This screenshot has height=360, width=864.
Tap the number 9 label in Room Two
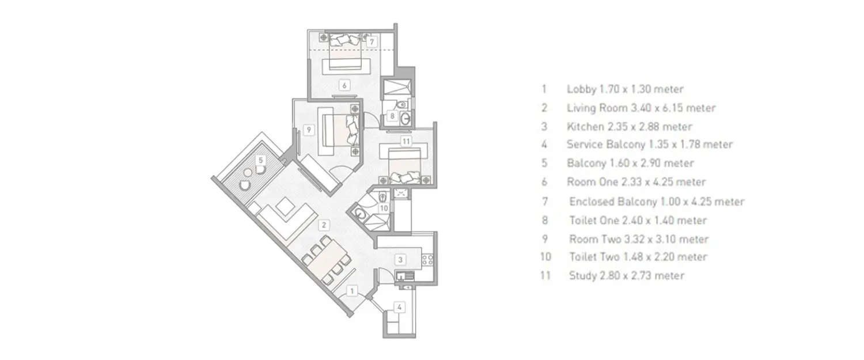click(x=309, y=130)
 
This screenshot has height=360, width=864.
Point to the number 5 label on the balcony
click(x=261, y=160)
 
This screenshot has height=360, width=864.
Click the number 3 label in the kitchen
click(x=401, y=260)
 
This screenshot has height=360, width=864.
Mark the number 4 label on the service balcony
click(x=400, y=308)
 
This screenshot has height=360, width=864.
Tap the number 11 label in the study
click(x=406, y=141)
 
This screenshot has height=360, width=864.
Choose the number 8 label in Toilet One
click(x=393, y=116)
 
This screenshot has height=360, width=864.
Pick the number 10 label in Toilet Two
click(x=383, y=208)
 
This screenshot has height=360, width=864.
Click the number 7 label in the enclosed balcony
click(x=372, y=41)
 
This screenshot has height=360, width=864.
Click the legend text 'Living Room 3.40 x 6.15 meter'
click(x=641, y=108)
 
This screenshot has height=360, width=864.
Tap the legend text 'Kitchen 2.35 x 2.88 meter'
click(x=630, y=126)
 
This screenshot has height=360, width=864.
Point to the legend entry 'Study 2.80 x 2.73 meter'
click(x=626, y=276)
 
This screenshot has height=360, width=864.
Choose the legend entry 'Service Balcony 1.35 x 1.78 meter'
click(x=650, y=145)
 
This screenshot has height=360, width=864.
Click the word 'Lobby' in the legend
click(x=581, y=89)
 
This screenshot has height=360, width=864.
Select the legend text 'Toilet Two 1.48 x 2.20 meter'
click(x=638, y=257)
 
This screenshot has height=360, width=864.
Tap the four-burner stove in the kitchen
click(x=427, y=260)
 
